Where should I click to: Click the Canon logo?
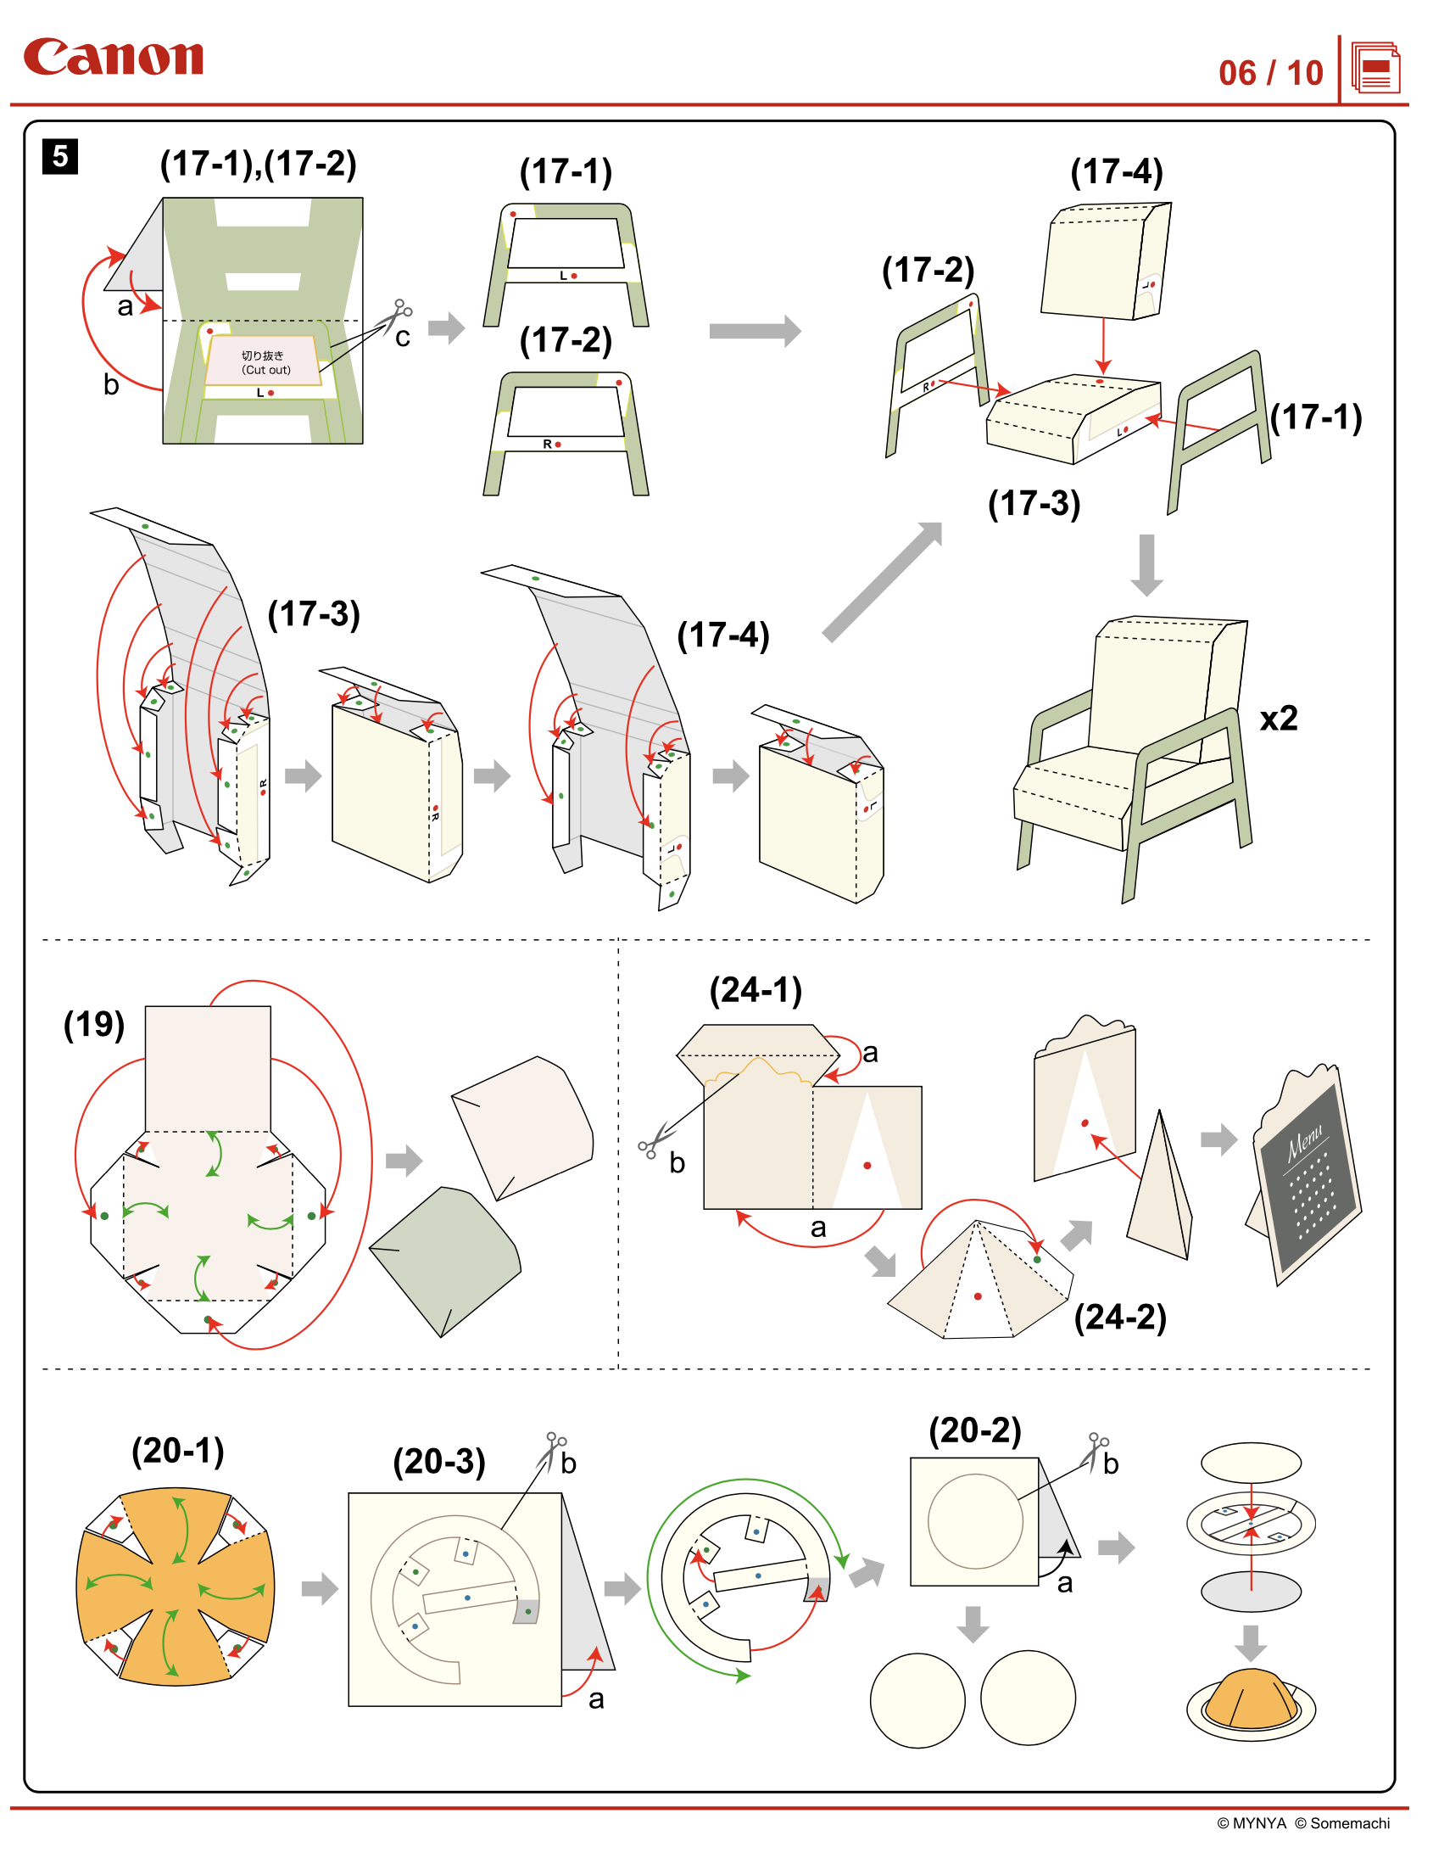[x=113, y=57]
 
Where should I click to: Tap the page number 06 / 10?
[x=1269, y=73]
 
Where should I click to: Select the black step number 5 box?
[x=59, y=157]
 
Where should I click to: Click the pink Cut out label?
[x=264, y=361]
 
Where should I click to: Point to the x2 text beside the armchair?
[x=1278, y=719]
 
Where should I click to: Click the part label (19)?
[x=94, y=1024]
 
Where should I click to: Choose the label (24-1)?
[x=756, y=990]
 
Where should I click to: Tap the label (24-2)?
[x=1120, y=1317]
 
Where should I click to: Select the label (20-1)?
[x=178, y=1451]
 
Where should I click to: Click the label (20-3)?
[x=439, y=1462]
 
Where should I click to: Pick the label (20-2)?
[x=974, y=1431]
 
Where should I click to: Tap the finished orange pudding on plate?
[x=1250, y=1701]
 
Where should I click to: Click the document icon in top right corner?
[x=1375, y=68]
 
